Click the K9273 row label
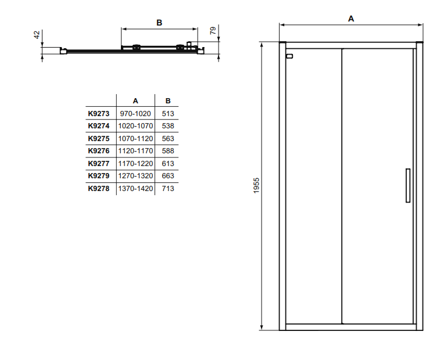[x=99, y=113]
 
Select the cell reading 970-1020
[x=135, y=113]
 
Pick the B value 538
[x=168, y=125]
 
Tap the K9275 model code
[x=99, y=138]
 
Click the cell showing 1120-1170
[x=135, y=151]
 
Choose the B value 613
[x=168, y=163]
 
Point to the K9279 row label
[x=99, y=176]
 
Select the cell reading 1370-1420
[x=135, y=189]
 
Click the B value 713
[x=168, y=189]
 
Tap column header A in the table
[x=135, y=101]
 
